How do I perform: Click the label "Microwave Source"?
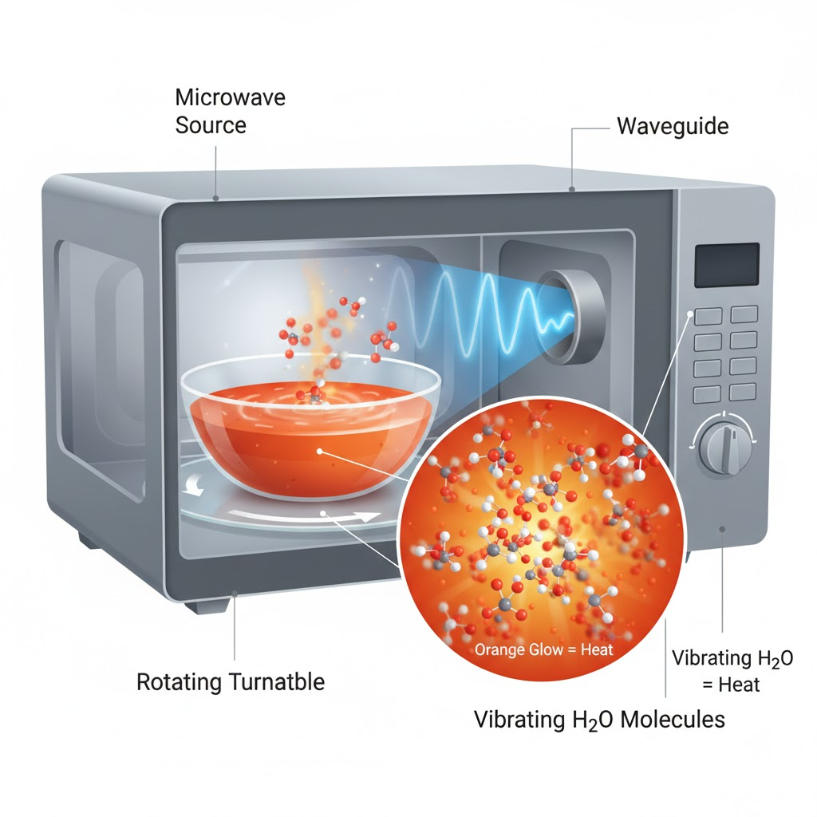230,111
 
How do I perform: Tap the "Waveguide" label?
673,126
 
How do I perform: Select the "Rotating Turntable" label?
231,682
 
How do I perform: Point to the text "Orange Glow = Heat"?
544,649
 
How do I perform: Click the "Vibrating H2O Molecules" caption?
599,719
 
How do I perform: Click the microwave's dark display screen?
726,265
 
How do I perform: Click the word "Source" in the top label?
211,124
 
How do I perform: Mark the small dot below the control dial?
722,528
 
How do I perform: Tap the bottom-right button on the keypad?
743,391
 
